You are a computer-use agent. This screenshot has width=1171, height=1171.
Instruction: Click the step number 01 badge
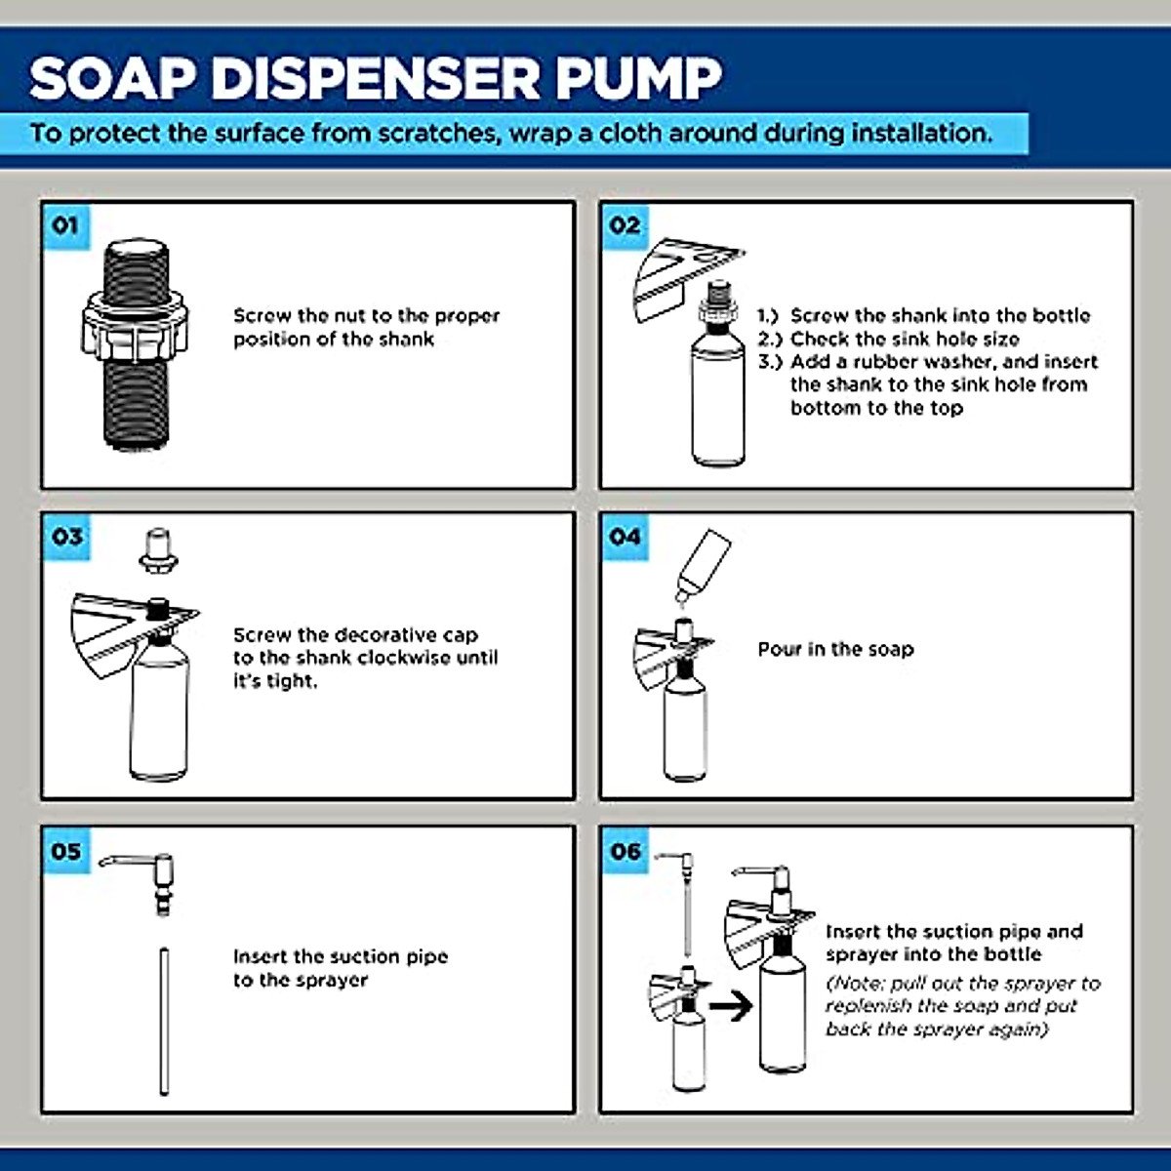point(65,226)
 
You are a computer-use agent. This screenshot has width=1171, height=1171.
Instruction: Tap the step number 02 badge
point(625,226)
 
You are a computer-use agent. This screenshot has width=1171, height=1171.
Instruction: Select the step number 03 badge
point(66,537)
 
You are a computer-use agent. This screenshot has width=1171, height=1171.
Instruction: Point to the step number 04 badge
point(625,537)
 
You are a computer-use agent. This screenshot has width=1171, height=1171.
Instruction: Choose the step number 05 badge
point(66,851)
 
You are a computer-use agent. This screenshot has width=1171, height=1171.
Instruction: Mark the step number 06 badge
point(626,851)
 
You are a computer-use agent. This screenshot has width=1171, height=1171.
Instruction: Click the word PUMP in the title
point(639,78)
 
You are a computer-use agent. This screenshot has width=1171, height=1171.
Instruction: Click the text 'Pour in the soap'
point(835,650)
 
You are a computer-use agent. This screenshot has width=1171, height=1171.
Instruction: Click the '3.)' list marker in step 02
point(770,362)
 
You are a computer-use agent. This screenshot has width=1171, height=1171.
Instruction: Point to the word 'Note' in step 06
point(856,984)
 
